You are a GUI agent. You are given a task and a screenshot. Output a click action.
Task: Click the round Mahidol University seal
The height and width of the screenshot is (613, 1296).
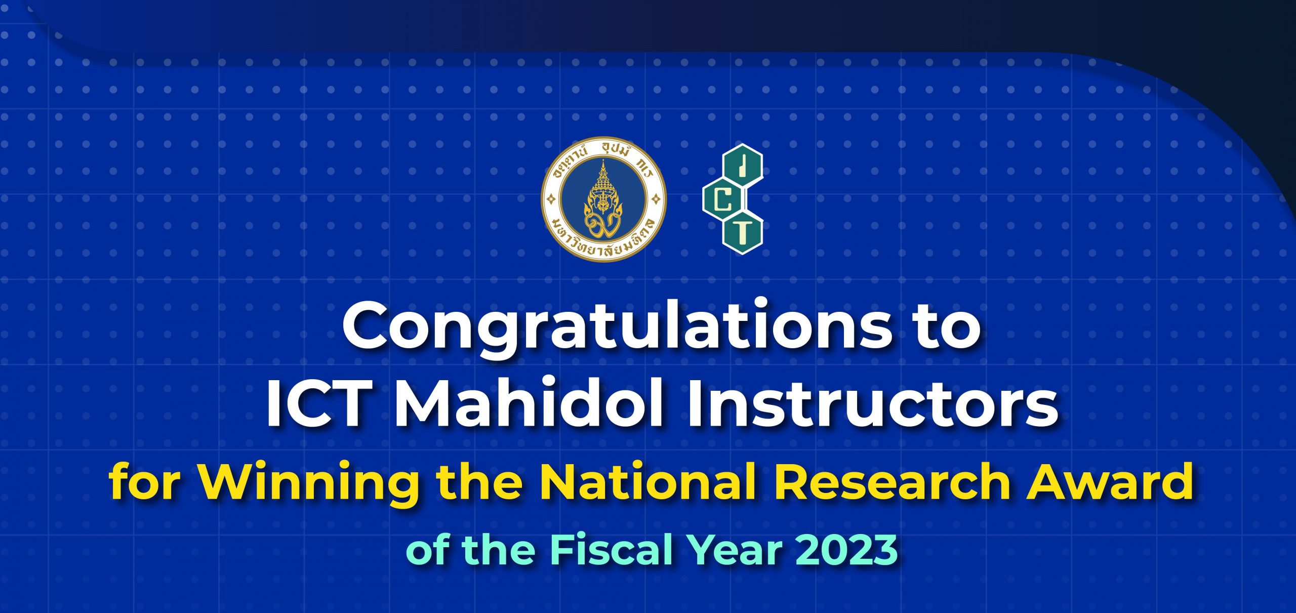[x=603, y=199]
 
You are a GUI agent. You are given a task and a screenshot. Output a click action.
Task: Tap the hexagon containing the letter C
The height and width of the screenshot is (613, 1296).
[x=723, y=200]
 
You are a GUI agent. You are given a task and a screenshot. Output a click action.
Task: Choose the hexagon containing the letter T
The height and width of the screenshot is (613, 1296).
[x=743, y=232]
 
